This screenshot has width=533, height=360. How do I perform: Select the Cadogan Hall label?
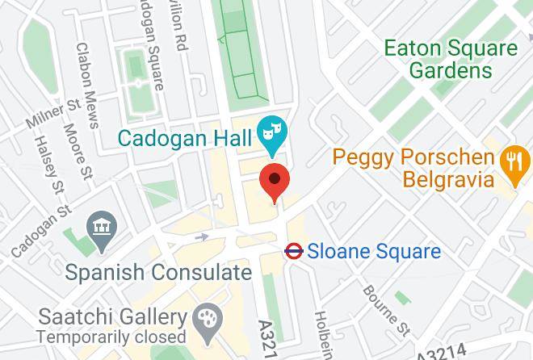(183, 136)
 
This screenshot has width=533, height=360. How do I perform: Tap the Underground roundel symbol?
(293, 252)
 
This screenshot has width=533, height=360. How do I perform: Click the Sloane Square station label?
(375, 252)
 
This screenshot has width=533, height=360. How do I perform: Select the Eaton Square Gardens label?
(451, 59)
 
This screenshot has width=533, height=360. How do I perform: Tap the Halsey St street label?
(46, 165)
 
